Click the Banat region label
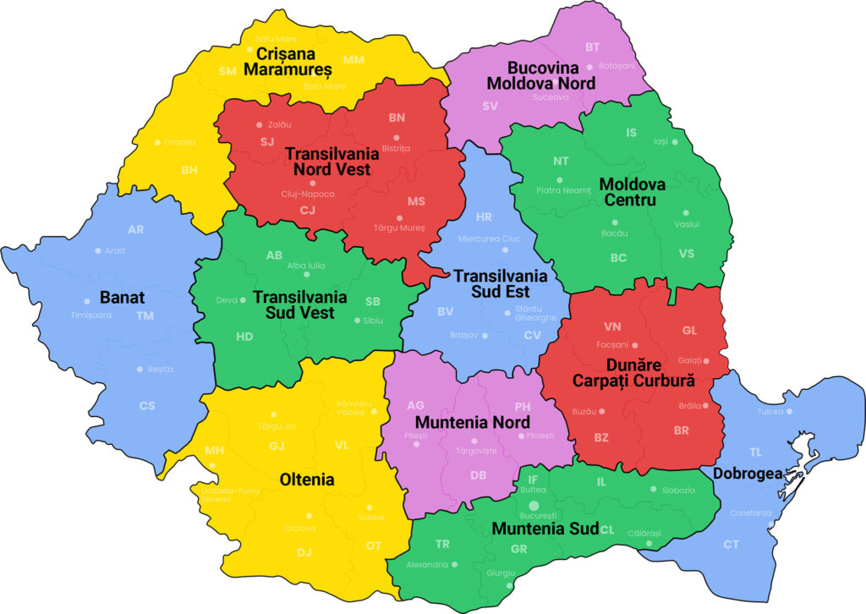click(123, 298)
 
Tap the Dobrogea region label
click(746, 474)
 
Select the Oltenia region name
click(307, 480)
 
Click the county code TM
click(145, 316)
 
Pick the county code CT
click(731, 545)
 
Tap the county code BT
click(592, 47)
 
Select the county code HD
click(244, 337)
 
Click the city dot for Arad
click(98, 250)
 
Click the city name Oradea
click(179, 142)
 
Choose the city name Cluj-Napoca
click(308, 194)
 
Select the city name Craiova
click(299, 528)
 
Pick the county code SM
click(227, 71)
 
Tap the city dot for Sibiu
click(356, 321)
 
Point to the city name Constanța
click(752, 513)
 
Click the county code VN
click(612, 326)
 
